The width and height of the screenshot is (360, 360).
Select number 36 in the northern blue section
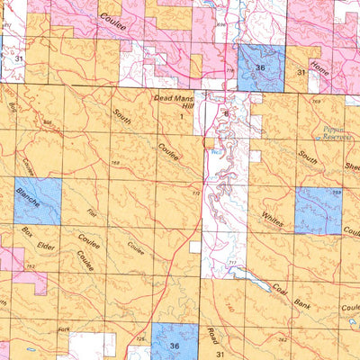[260, 67]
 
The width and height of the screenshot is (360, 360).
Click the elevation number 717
[232, 263]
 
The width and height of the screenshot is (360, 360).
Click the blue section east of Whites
[319, 211]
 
